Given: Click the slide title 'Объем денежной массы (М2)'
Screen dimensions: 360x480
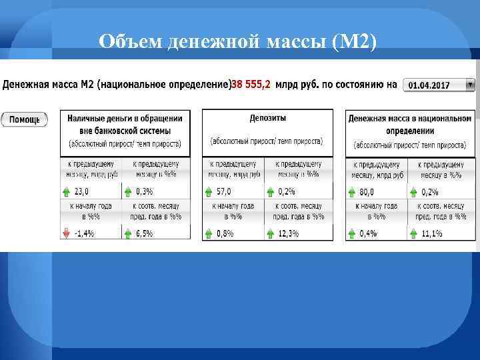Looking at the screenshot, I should tap(237, 41).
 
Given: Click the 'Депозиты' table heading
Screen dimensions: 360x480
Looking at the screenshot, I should tap(267, 118).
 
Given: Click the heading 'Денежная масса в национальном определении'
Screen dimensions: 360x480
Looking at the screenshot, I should tap(409, 124).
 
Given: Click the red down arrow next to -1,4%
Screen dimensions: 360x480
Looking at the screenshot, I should tap(65, 233).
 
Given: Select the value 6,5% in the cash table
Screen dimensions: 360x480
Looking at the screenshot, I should tap(143, 233).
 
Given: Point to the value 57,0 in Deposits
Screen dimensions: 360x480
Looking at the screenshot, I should tap(223, 191).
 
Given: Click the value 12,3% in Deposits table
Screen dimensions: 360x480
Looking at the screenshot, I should tap(288, 233).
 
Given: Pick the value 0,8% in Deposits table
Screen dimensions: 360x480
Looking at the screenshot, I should tap(224, 233).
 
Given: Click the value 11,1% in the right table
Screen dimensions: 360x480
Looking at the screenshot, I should tap(432, 233).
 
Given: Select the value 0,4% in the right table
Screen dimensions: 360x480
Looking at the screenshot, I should tap(367, 233).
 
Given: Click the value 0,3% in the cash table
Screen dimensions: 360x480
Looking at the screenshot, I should tap(143, 191).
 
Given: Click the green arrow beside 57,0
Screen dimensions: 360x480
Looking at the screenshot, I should tap(207, 191).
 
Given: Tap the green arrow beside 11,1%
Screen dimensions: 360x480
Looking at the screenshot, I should tap(415, 233).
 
